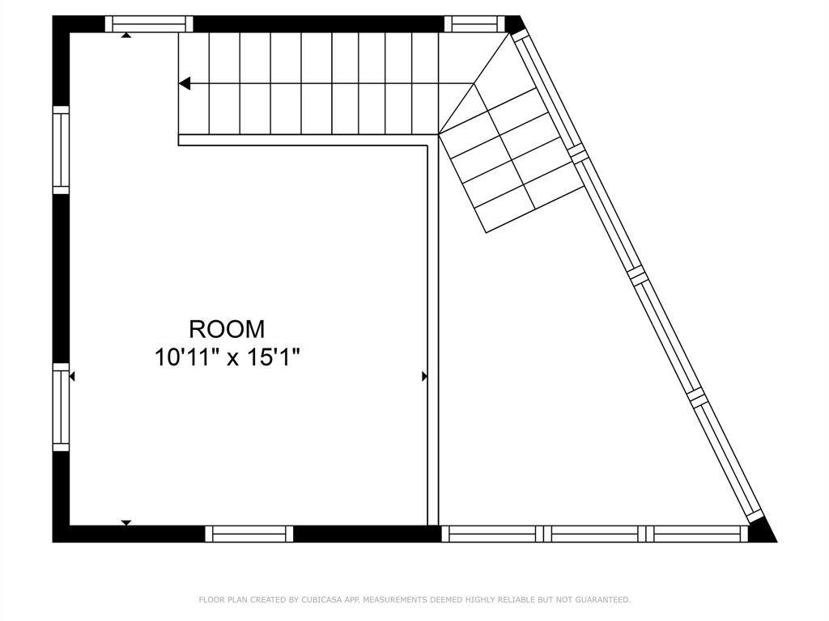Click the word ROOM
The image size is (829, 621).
click(227, 329)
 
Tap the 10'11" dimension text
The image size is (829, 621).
click(186, 357)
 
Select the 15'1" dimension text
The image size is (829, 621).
click(275, 357)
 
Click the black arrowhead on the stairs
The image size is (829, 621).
click(185, 83)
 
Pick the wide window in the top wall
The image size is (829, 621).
click(149, 24)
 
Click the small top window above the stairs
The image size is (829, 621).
click(474, 24)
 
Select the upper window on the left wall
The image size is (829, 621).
click(62, 150)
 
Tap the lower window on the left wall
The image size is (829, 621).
click(62, 408)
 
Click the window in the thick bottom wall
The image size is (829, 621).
click(249, 534)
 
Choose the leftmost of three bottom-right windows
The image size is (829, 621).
click(489, 534)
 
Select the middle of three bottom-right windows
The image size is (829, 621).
click(594, 534)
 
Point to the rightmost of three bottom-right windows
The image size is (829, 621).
click(700, 534)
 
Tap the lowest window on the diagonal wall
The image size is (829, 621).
click(727, 456)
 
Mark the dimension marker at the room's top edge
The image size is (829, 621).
click(126, 36)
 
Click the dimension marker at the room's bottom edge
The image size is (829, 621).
click(126, 522)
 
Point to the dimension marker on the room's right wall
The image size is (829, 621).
click(424, 376)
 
